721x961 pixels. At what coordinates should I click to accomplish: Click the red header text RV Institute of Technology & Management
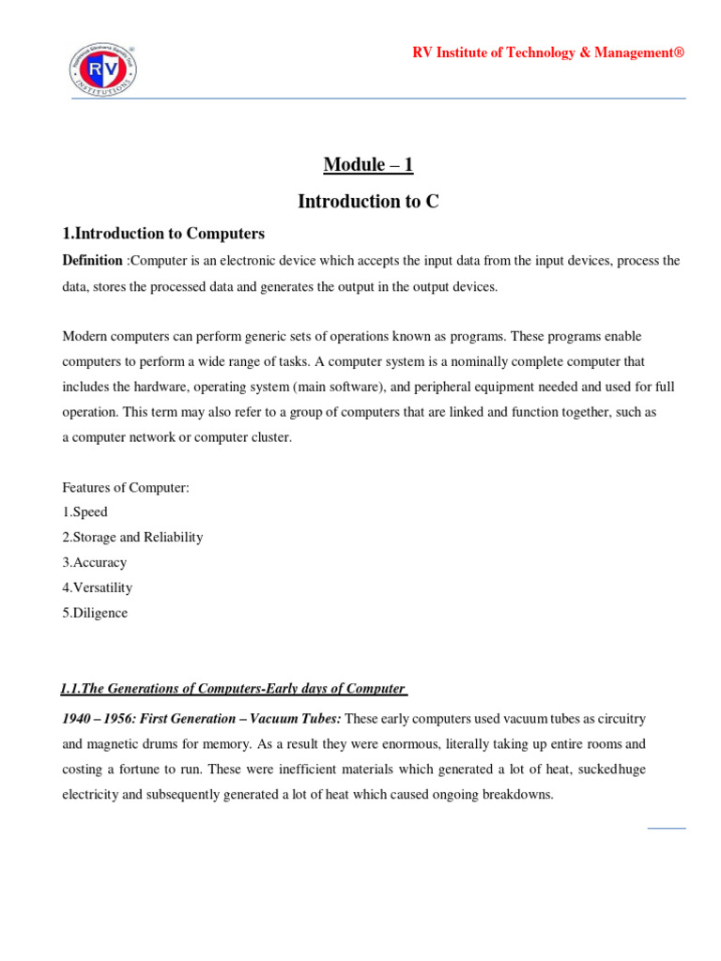tap(548, 53)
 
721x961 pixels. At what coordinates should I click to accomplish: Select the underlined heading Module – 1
tap(368, 165)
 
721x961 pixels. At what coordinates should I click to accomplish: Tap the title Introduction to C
tap(368, 201)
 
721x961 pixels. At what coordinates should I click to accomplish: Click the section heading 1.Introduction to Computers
tap(163, 234)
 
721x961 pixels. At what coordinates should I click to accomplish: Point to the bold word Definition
tap(92, 260)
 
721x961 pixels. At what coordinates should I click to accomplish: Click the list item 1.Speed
tap(84, 512)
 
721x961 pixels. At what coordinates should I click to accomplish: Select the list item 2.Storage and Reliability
tap(132, 538)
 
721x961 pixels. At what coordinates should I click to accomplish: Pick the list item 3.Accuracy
tap(94, 563)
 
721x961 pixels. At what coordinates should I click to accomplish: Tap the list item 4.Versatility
tap(97, 587)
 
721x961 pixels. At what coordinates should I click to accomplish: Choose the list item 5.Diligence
tap(95, 613)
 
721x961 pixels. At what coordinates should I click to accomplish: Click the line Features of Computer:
tap(126, 488)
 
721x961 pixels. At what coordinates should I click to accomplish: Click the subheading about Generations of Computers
tap(233, 689)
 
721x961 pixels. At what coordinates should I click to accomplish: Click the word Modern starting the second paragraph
tap(84, 336)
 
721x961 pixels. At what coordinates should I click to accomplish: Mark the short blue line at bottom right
tap(667, 828)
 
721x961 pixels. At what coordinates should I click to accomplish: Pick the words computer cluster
tap(244, 437)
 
